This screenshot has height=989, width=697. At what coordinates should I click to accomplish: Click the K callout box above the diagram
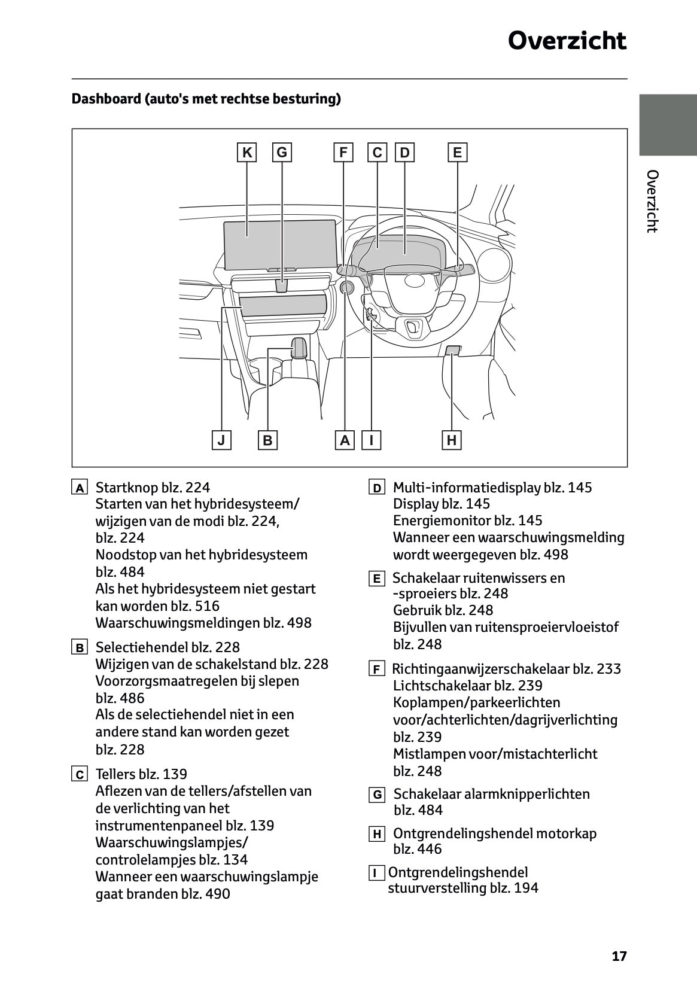pyautogui.click(x=246, y=153)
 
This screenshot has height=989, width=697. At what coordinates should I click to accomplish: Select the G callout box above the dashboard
pyautogui.click(x=281, y=153)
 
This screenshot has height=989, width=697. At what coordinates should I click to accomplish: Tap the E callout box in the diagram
pyautogui.click(x=457, y=153)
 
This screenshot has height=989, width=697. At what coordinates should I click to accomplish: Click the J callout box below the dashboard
pyautogui.click(x=221, y=441)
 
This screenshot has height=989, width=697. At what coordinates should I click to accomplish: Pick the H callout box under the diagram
pyautogui.click(x=452, y=441)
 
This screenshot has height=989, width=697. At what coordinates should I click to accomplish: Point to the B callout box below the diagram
pyautogui.click(x=267, y=441)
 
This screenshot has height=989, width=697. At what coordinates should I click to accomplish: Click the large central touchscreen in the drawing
pyautogui.click(x=279, y=244)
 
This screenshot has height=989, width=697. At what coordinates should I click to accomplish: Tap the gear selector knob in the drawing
pyautogui.click(x=299, y=348)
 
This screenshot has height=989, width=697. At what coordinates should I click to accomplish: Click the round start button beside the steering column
pyautogui.click(x=346, y=288)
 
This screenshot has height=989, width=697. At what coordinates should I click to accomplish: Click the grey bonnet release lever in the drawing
pyautogui.click(x=453, y=351)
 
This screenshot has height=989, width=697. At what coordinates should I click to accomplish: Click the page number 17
pyautogui.click(x=619, y=956)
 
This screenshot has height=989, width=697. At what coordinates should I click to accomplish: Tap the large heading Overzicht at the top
pyautogui.click(x=567, y=41)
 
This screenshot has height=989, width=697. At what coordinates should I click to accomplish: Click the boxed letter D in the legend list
pyautogui.click(x=376, y=488)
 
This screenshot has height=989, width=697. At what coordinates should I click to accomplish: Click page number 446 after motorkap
pyautogui.click(x=429, y=849)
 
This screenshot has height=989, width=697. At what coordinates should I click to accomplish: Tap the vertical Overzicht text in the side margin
pyautogui.click(x=653, y=201)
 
